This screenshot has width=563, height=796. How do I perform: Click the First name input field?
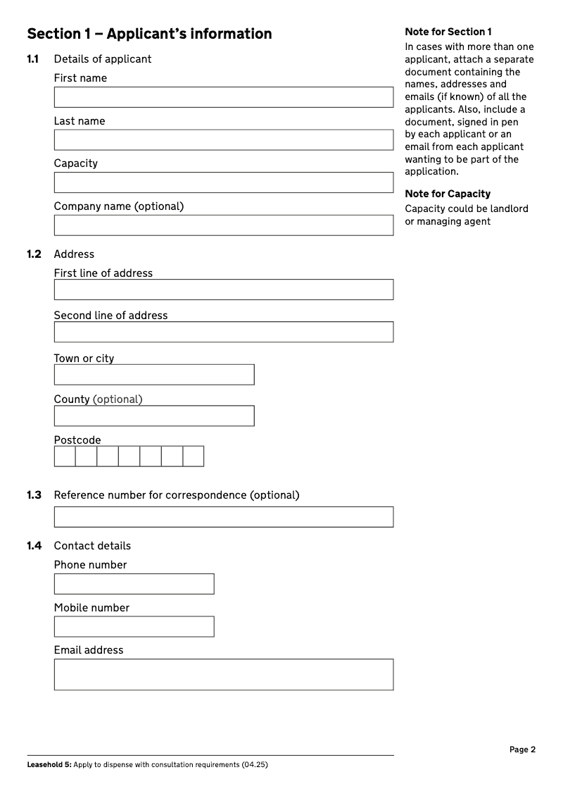(224, 97)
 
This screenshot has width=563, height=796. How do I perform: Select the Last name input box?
(224, 139)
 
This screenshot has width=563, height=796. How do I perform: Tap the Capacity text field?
(224, 182)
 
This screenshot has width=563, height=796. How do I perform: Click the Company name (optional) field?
(224, 225)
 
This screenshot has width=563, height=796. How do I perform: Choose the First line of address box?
(224, 290)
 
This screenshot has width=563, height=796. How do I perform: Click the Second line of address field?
(224, 332)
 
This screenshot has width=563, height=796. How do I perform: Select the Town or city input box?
(154, 375)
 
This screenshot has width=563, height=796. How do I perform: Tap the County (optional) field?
(154, 416)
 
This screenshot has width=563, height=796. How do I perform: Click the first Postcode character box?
(65, 456)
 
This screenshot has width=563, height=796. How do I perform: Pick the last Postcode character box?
(194, 456)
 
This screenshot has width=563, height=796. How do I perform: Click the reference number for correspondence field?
(224, 516)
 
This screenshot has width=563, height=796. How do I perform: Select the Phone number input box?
(134, 584)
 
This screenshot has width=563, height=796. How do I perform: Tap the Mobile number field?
(134, 627)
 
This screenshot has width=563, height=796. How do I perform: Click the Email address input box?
(224, 674)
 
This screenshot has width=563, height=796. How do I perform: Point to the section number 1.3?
(34, 495)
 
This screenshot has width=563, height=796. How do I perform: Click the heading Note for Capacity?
(448, 194)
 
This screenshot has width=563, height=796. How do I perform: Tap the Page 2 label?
(522, 750)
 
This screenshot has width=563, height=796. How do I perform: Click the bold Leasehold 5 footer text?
(49, 765)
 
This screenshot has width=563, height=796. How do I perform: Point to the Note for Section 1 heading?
(448, 32)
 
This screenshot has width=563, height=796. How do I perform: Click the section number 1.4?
(34, 546)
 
